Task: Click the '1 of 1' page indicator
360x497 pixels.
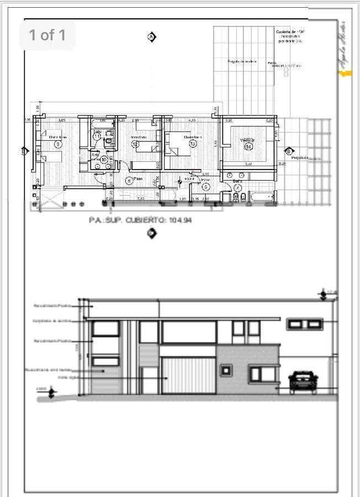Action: [47, 35]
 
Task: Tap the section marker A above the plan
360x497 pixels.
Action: [152, 37]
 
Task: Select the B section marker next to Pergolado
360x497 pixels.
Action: [289, 151]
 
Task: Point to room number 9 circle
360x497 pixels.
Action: [58, 144]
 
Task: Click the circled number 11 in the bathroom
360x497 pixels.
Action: [97, 136]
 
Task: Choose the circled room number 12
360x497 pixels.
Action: [135, 144]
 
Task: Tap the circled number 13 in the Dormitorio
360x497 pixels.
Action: [193, 144]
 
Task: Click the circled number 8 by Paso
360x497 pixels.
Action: [129, 180]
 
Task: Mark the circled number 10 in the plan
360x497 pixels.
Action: [104, 159]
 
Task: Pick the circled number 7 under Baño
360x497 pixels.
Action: [237, 187]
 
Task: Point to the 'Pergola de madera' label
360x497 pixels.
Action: [242, 61]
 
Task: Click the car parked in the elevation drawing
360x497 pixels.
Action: [303, 381]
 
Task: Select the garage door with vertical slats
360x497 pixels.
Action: [188, 375]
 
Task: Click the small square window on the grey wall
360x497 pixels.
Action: [226, 370]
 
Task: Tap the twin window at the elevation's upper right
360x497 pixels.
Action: [304, 323]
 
